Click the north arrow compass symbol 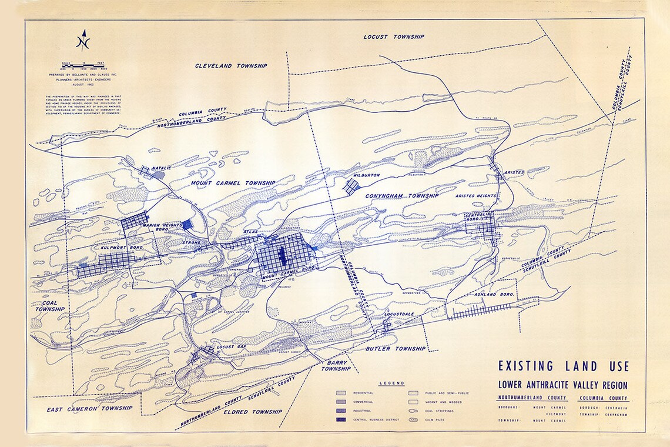click(84, 41)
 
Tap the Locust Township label click(393, 36)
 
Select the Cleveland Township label click(231, 66)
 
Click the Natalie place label click(161, 168)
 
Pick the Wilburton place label click(367, 175)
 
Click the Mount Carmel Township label click(233, 184)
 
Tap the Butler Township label click(395, 349)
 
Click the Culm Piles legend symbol click(413, 420)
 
